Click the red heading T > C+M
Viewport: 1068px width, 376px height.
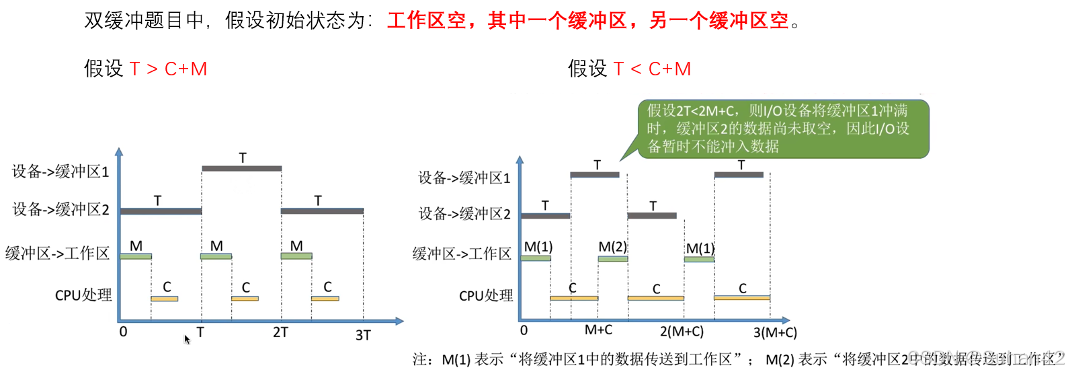point(168,69)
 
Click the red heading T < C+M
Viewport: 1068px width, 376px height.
point(652,69)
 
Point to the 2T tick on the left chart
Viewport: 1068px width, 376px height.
point(280,332)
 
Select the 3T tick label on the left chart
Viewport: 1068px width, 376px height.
point(363,335)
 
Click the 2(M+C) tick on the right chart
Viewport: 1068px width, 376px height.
point(682,332)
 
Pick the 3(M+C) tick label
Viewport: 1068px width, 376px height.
point(775,332)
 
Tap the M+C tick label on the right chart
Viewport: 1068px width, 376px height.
point(598,330)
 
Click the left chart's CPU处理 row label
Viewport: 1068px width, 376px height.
point(83,295)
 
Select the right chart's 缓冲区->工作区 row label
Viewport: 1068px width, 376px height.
point(462,254)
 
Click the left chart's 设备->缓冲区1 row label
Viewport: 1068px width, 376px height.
point(60,172)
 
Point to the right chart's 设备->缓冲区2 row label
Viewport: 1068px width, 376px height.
point(464,214)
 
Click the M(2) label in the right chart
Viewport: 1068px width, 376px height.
point(612,247)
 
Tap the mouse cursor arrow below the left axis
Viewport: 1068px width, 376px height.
point(187,339)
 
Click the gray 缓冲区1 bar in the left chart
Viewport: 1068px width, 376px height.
point(241,168)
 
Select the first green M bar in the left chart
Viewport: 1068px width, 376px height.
point(136,256)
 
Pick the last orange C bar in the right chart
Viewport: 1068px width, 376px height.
point(742,297)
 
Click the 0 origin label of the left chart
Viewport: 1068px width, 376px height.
point(123,332)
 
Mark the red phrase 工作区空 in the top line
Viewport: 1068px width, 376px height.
point(427,21)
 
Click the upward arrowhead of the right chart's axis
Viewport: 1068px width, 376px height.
point(520,160)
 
